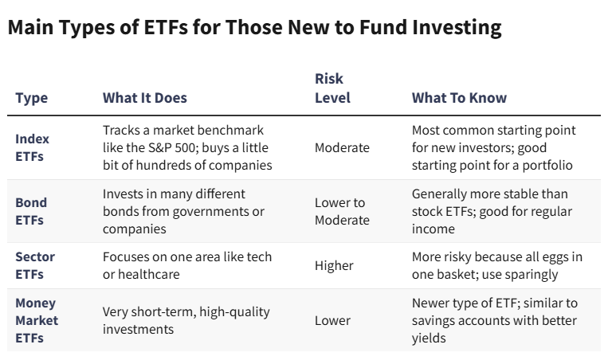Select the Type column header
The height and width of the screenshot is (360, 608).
click(x=32, y=98)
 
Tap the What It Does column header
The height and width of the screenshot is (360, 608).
click(x=145, y=98)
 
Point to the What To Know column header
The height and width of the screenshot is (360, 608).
click(x=459, y=98)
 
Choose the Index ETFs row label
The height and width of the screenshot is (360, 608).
click(x=32, y=147)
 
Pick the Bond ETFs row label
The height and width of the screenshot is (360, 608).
click(x=31, y=211)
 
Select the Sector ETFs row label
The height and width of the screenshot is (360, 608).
click(x=35, y=265)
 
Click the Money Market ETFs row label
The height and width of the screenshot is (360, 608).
click(x=37, y=320)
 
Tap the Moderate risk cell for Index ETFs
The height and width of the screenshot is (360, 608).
click(x=342, y=147)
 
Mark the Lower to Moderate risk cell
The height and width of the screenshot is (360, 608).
click(x=342, y=211)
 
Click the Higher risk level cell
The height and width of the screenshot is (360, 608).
click(x=335, y=265)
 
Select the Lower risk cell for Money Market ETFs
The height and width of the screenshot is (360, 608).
click(x=332, y=320)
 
